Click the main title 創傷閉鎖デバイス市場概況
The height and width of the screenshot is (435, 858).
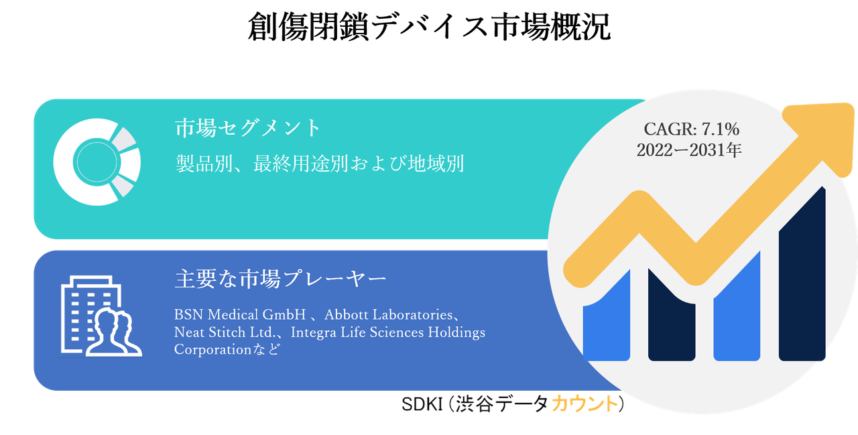pyautogui.click(x=428, y=27)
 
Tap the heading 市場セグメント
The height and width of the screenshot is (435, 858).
pyautogui.click(x=248, y=128)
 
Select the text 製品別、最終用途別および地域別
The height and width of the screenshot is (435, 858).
pyautogui.click(x=320, y=164)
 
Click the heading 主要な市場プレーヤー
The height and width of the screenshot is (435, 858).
pyautogui.click(x=280, y=278)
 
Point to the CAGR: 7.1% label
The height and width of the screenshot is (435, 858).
pyautogui.click(x=691, y=129)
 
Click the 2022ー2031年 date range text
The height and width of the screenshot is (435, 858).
pyautogui.click(x=689, y=150)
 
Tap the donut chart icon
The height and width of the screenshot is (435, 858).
pyautogui.click(x=97, y=162)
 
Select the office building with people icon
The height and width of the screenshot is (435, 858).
pyautogui.click(x=101, y=316)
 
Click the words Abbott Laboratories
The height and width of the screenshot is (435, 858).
pyautogui.click(x=388, y=314)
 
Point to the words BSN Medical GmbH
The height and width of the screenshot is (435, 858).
pyautogui.click(x=240, y=314)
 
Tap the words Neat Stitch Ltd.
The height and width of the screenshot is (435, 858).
pyautogui.click(x=225, y=332)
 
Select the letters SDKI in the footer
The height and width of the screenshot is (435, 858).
pyautogui.click(x=422, y=404)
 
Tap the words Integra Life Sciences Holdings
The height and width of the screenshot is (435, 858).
pyautogui.click(x=388, y=332)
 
